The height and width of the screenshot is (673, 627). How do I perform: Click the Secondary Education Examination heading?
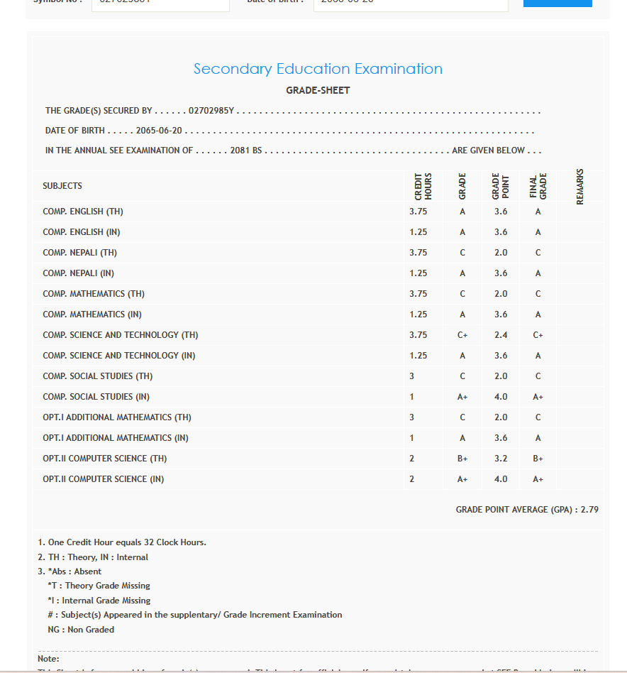click(318, 69)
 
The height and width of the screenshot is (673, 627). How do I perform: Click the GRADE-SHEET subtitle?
click(318, 90)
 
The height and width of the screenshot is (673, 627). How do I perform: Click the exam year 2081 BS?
click(246, 151)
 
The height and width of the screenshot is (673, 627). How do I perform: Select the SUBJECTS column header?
click(62, 186)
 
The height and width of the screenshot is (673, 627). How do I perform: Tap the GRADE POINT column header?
click(500, 186)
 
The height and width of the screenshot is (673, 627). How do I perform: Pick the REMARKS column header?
click(580, 186)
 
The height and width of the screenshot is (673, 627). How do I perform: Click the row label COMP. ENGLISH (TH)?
click(83, 212)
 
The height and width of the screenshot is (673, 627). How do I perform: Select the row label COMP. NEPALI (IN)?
click(78, 273)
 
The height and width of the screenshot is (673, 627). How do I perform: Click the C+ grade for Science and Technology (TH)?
click(462, 335)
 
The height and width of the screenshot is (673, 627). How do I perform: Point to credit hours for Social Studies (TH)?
click(411, 376)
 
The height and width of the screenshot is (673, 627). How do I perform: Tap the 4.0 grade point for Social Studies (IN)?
click(501, 397)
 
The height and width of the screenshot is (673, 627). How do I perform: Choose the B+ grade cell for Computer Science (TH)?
click(462, 459)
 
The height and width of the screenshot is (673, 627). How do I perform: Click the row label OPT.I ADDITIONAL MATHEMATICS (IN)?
click(116, 438)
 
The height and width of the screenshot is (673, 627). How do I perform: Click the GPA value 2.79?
click(589, 510)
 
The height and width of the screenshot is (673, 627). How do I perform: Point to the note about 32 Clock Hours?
click(122, 542)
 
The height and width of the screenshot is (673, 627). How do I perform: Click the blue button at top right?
click(557, 3)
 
